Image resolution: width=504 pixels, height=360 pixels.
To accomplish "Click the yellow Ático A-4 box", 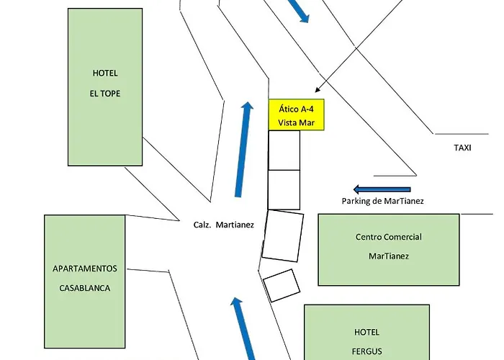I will [x=297, y=114].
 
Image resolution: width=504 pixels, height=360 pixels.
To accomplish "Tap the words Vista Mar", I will [x=297, y=122].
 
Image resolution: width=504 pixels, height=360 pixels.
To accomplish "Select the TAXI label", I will [x=462, y=148].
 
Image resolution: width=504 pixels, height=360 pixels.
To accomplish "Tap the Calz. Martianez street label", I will [x=224, y=225].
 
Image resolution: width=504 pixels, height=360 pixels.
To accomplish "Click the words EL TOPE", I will [x=105, y=93].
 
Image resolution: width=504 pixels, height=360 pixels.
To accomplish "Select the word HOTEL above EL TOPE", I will [x=105, y=73].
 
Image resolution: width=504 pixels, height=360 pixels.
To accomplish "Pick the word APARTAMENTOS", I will [x=85, y=269].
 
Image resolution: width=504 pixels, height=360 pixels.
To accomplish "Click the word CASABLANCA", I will [x=85, y=288].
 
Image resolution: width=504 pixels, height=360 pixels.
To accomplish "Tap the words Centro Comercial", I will [x=389, y=237].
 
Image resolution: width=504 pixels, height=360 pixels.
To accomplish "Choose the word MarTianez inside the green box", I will [x=389, y=256].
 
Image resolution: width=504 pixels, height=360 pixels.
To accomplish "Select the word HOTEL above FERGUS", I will [x=366, y=332].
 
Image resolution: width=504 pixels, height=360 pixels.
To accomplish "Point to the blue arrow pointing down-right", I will [x=300, y=10].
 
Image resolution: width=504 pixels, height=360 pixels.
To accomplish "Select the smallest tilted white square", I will [x=281, y=285].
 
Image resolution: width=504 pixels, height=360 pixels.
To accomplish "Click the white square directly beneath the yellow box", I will [x=284, y=150].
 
